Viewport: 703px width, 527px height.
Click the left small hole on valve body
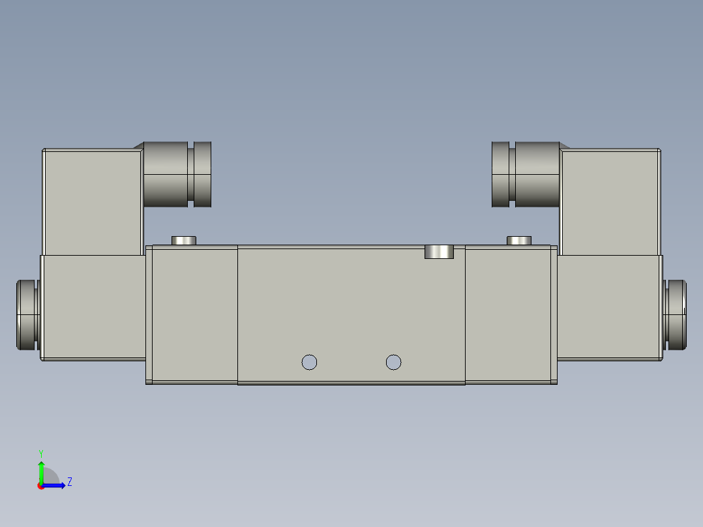click(309, 362)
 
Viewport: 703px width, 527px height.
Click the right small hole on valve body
click(393, 362)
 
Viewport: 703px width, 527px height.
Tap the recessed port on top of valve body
click(439, 252)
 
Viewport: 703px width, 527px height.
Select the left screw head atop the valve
click(184, 241)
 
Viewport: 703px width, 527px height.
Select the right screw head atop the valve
click(519, 241)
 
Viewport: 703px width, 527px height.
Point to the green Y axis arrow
click(41, 469)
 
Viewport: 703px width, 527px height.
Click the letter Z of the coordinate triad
click(70, 483)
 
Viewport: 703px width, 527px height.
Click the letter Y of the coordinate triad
click(41, 453)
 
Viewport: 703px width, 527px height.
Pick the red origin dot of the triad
click(41, 486)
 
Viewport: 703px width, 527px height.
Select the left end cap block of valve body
click(192, 314)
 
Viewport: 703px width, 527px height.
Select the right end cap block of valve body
click(510, 314)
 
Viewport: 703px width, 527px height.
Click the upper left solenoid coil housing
click(92, 201)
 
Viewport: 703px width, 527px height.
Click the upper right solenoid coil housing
click(610, 201)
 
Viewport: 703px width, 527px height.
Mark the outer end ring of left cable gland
click(202, 174)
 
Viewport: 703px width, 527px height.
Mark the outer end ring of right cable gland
click(500, 174)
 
